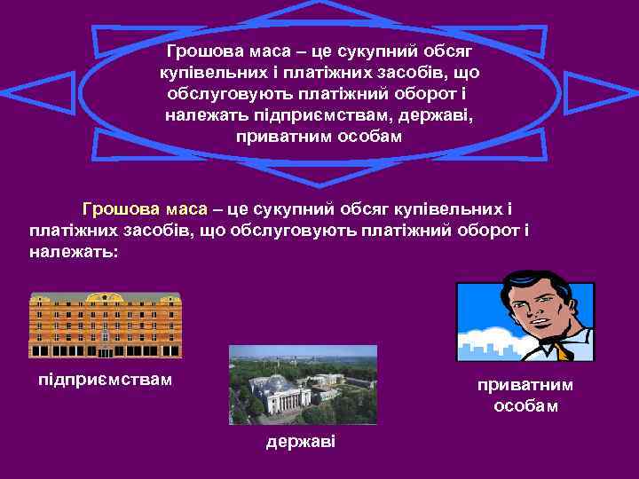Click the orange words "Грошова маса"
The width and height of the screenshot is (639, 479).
click(x=144, y=209)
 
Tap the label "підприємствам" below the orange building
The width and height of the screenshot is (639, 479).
click(x=106, y=381)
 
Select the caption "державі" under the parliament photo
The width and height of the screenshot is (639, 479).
click(x=301, y=442)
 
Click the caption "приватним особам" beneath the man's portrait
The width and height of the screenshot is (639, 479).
click(x=525, y=396)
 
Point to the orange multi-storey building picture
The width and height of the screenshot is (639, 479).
click(x=105, y=325)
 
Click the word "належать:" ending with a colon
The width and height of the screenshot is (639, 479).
click(x=73, y=252)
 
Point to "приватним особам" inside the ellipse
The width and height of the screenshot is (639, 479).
click(x=319, y=137)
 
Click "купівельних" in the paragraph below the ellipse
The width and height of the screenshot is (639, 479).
click(x=456, y=209)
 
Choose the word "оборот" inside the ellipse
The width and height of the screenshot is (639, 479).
click(x=434, y=94)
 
